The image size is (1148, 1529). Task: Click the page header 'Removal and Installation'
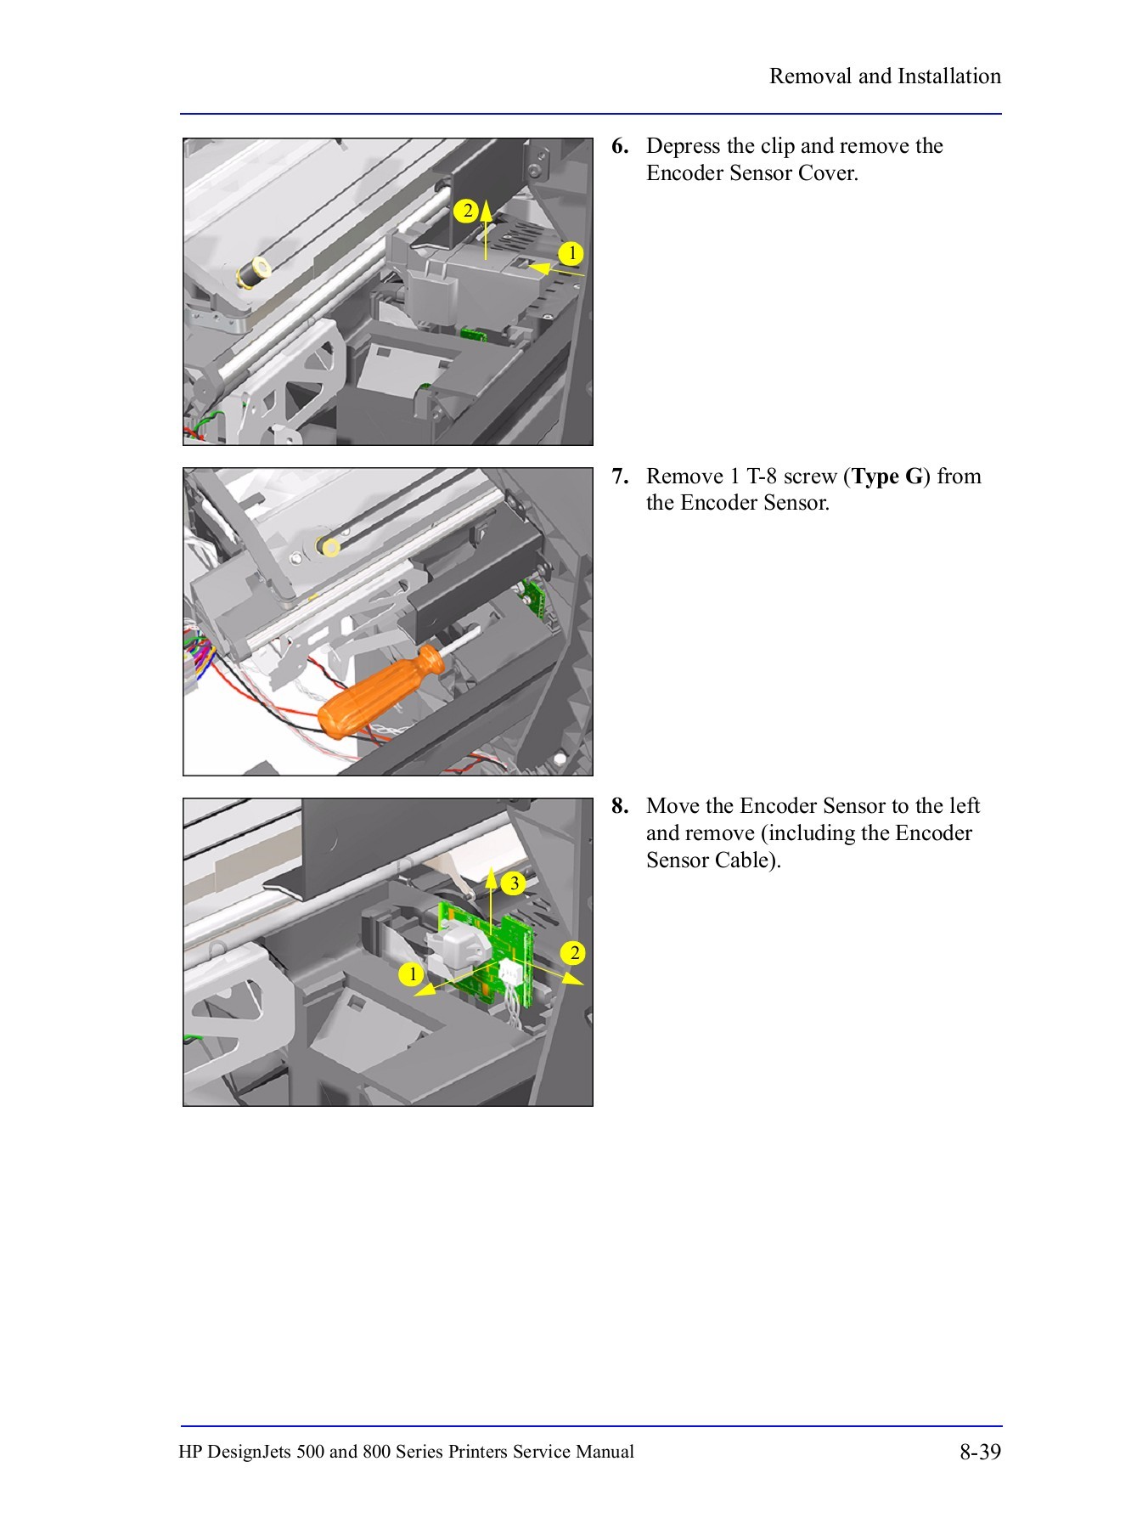pos(884,76)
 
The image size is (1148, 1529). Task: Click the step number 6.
pos(619,146)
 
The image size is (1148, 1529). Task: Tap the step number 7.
pos(619,477)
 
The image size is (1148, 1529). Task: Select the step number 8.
pos(619,806)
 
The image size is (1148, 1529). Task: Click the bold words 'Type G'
pos(887,477)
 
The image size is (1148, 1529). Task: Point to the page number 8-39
pos(980,1452)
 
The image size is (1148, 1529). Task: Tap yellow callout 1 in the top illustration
pos(571,253)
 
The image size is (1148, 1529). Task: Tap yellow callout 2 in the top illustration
pos(466,211)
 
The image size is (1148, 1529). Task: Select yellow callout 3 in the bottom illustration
pos(514,883)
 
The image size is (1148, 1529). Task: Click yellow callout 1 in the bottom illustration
pos(412,973)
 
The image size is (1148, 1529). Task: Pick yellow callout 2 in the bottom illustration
pos(575,953)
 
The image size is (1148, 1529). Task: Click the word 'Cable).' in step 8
pos(747,860)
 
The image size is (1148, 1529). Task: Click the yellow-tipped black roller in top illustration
pos(252,273)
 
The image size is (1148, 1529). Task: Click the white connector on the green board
pos(509,971)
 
